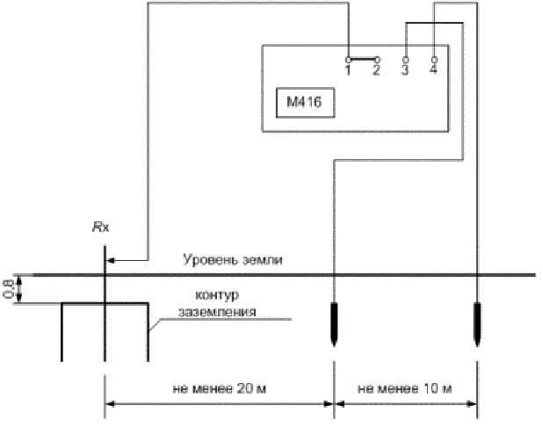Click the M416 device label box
305,103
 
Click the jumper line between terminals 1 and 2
363,60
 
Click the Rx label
101,228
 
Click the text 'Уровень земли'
232,259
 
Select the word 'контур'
217,295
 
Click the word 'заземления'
217,312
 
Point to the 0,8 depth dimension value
8,289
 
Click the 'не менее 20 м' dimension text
219,388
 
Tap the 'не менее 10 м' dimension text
404,388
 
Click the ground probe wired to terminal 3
334,323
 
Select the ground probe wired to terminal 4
477,323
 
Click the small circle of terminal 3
406,60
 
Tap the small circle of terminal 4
434,60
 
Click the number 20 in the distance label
243,388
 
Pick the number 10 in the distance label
429,388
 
